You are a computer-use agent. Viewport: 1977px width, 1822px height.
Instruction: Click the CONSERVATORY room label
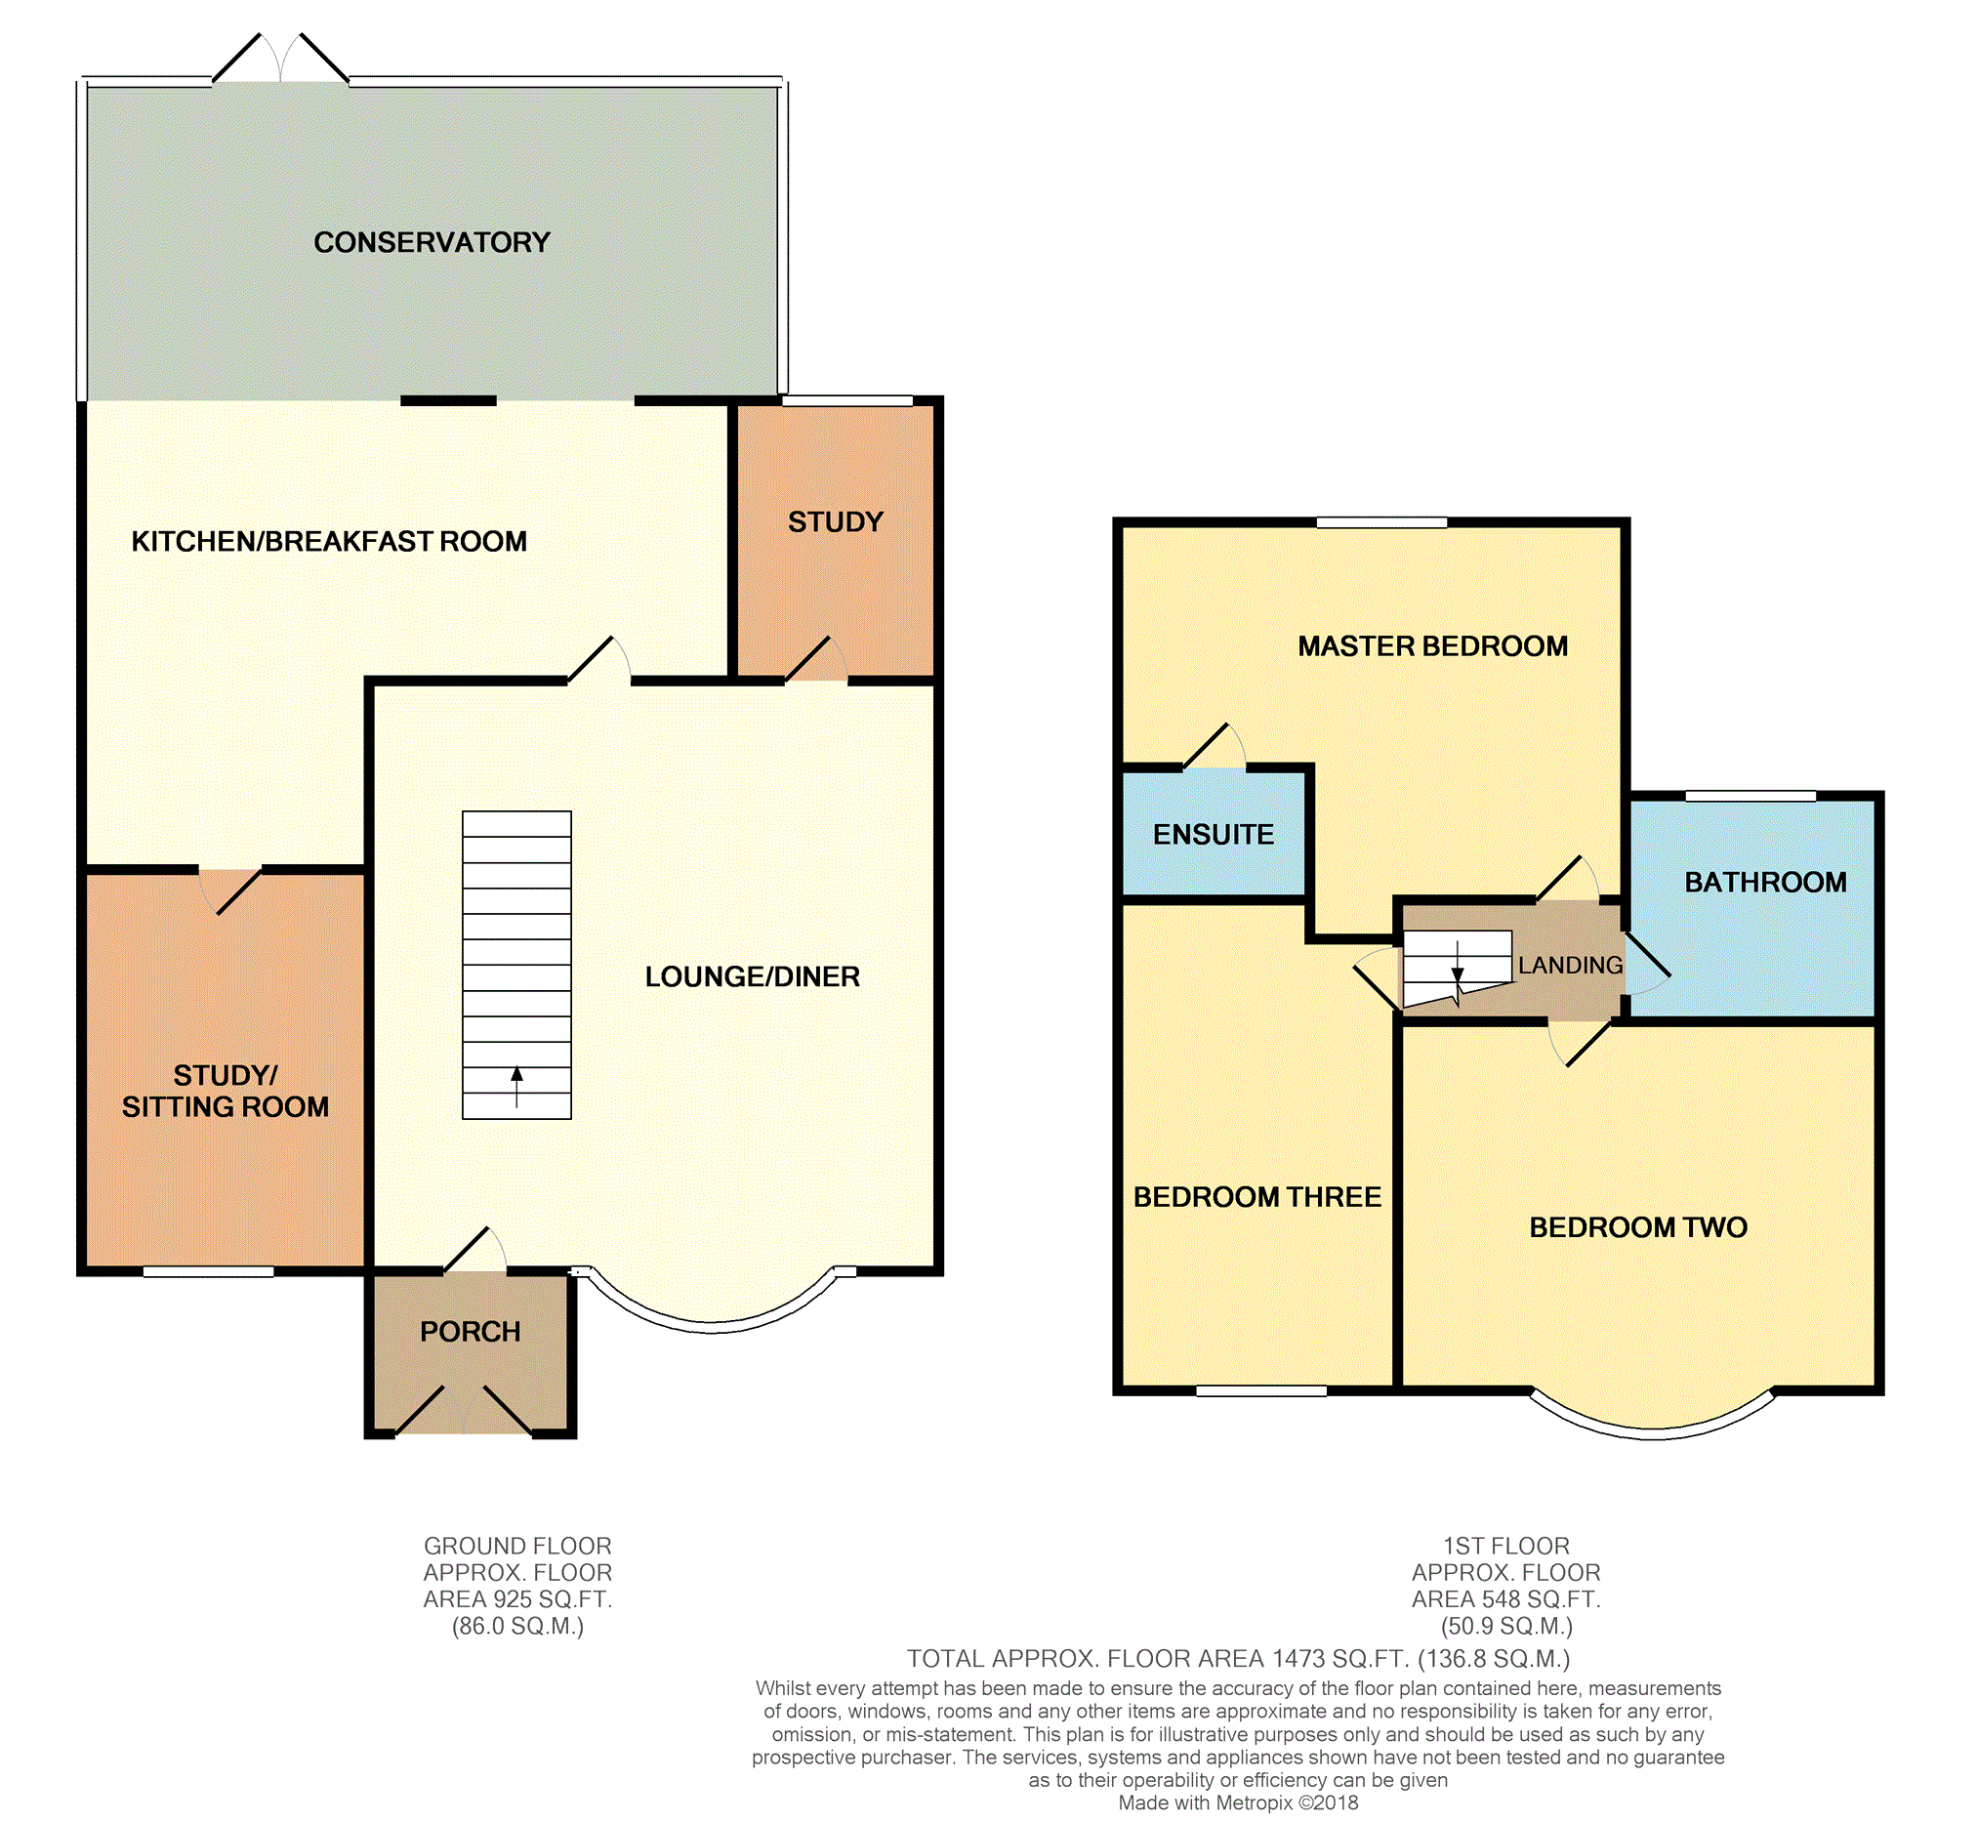click(432, 242)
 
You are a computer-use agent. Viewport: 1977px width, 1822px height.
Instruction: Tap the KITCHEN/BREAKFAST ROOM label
click(329, 541)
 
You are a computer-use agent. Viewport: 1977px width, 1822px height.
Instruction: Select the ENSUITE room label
click(1214, 834)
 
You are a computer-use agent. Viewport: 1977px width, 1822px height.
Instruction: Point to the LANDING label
click(1570, 966)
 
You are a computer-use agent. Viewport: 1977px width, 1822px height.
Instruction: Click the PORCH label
click(471, 1332)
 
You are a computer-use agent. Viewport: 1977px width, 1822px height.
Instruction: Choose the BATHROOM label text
click(1765, 883)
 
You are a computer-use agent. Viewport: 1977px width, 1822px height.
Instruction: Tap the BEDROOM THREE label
click(1256, 1197)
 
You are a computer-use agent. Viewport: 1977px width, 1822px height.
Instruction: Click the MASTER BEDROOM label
click(1432, 646)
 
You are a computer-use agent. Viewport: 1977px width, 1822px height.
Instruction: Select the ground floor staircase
click(516, 966)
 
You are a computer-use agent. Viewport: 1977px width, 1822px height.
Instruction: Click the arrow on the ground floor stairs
click(516, 1087)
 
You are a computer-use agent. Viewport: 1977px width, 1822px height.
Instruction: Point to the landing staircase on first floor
click(1457, 970)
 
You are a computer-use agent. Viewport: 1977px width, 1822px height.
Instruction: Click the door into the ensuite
click(1215, 746)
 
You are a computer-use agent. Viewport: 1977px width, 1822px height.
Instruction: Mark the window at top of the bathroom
click(1750, 796)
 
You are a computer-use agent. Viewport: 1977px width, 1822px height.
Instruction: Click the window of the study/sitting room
click(208, 1272)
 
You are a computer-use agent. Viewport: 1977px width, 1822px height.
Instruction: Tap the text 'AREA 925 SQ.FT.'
click(517, 1599)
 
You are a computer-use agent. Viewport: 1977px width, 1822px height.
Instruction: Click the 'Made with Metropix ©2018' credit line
click(1238, 1803)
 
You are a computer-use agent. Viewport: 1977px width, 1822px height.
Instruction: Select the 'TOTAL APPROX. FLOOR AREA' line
click(1238, 1659)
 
